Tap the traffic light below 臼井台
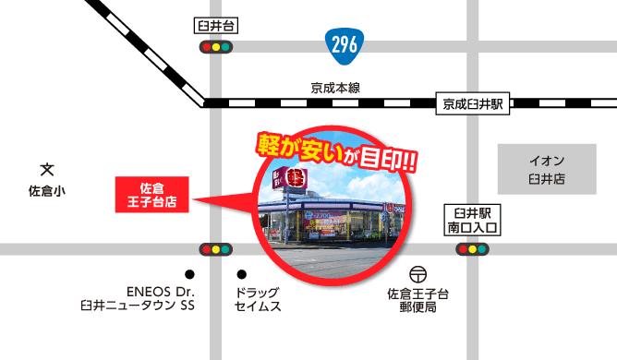tap(215, 46)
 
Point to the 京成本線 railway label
tap(335, 89)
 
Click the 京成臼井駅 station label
tap(471, 105)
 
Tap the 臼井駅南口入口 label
tap(473, 218)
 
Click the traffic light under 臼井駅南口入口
tap(473, 248)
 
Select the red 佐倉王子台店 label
tap(151, 194)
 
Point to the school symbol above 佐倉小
tap(47, 170)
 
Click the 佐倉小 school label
tap(47, 191)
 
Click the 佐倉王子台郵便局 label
tap(417, 299)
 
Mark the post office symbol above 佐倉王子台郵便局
tap(418, 275)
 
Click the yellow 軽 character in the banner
tap(270, 146)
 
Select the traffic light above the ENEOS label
tap(215, 248)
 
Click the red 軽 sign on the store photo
tap(296, 178)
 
